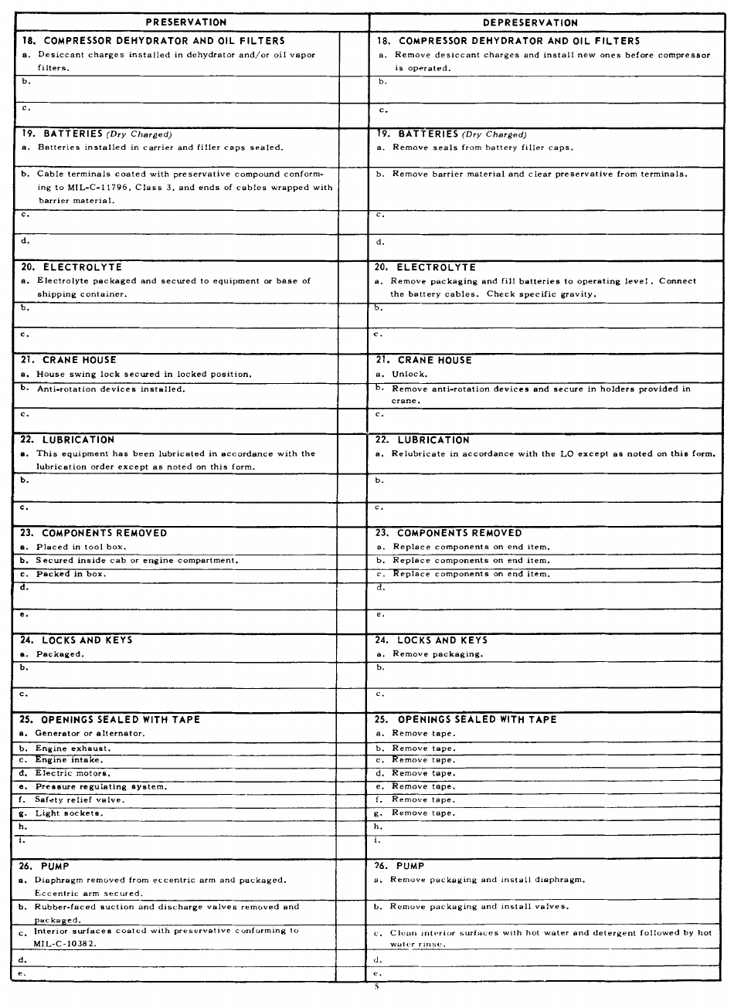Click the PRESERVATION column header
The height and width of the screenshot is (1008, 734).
186,22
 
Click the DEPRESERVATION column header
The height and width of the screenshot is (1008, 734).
530,22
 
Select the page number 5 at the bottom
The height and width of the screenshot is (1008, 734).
376,986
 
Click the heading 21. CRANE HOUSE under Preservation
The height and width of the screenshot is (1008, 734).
68,360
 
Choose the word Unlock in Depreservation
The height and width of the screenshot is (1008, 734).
409,375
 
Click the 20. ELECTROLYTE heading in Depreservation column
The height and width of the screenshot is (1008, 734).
425,267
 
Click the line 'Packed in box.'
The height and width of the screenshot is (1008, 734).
70,574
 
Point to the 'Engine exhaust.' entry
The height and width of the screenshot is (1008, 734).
73,748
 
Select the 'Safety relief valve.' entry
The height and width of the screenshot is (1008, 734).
79,799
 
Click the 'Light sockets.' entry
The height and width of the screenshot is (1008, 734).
69,813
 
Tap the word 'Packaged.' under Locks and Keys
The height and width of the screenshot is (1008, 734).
59,653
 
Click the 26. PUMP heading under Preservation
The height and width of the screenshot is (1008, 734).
44,866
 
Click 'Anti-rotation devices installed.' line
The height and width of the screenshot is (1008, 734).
110,389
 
